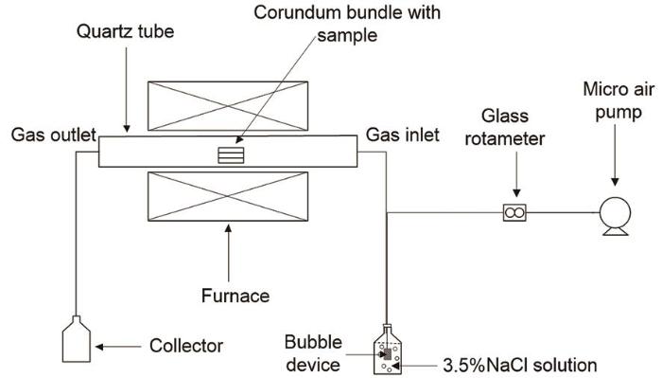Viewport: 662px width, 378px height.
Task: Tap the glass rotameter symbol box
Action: tap(514, 212)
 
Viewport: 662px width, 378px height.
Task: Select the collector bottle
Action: tap(77, 339)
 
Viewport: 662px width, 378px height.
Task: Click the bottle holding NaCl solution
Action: tap(388, 350)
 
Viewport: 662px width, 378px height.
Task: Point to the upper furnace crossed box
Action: tap(228, 106)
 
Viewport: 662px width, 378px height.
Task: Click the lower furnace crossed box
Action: tap(228, 196)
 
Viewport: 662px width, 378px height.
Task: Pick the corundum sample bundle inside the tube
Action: tap(231, 155)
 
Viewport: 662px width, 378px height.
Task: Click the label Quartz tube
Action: tap(126, 31)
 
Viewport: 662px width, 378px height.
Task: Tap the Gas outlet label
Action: tap(54, 135)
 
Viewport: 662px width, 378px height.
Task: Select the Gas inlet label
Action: tap(402, 135)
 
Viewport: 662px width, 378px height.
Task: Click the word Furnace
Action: tap(235, 296)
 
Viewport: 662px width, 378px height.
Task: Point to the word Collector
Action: tap(186, 346)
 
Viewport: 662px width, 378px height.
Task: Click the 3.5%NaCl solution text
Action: tap(520, 365)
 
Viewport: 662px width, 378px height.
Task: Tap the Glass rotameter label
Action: tap(505, 127)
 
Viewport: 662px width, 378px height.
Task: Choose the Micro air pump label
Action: tap(618, 100)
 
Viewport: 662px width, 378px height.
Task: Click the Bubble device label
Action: tap(313, 353)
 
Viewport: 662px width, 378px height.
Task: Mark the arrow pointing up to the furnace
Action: tap(229, 253)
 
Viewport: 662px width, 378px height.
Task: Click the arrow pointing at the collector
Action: tap(118, 347)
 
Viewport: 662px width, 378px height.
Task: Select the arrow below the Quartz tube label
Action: tap(126, 90)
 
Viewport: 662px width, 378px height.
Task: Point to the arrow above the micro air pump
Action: tap(615, 155)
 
